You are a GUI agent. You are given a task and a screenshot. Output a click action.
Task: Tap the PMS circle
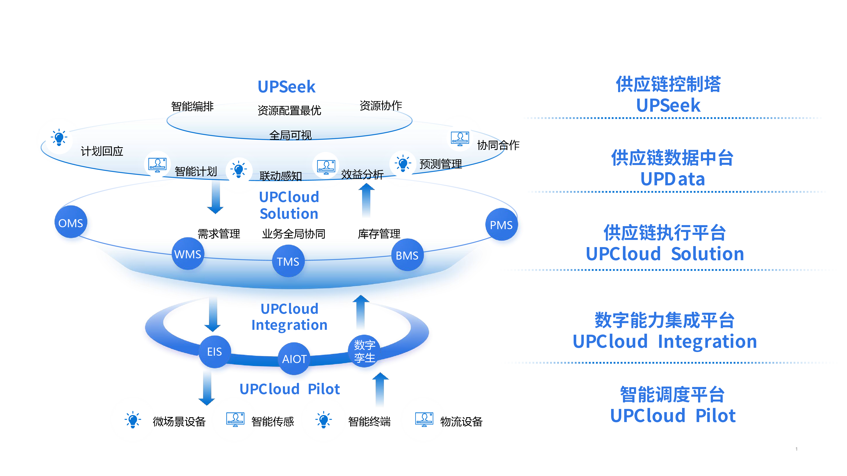(x=502, y=226)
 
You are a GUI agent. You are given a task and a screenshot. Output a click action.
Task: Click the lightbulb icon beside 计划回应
(x=59, y=138)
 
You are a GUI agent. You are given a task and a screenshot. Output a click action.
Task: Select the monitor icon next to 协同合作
(x=460, y=139)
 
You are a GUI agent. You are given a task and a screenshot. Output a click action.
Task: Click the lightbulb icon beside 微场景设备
(x=133, y=420)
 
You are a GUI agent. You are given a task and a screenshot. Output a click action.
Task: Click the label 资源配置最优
(x=289, y=111)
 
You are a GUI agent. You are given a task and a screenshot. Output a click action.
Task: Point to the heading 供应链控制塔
(x=668, y=84)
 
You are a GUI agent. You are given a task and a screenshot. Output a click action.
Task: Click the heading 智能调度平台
(x=672, y=395)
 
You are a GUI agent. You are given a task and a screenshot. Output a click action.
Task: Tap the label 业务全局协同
(x=294, y=234)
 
